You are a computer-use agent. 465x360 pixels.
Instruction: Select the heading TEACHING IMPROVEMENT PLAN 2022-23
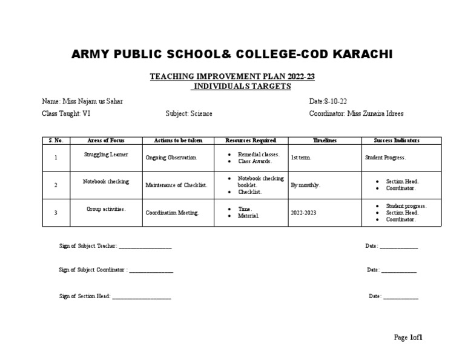(232, 76)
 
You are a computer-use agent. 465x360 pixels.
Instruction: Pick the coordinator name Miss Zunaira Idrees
(375, 113)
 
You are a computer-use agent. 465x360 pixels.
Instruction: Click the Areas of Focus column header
(106, 141)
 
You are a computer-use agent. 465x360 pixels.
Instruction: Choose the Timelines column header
(325, 141)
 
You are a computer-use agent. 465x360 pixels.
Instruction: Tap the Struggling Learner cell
(105, 155)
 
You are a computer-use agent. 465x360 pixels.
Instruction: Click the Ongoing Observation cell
(171, 158)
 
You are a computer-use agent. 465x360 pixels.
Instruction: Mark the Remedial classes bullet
(259, 155)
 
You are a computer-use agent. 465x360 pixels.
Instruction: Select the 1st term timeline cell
(302, 158)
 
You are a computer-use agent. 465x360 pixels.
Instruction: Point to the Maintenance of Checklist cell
(176, 185)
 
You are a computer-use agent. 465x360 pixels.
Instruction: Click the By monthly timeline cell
(306, 185)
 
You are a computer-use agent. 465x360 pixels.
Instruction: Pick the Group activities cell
(106, 209)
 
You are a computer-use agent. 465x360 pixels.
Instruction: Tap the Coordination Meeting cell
(172, 213)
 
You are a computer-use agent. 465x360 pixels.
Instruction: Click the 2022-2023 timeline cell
(303, 213)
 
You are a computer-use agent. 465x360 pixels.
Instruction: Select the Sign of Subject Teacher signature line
(145, 247)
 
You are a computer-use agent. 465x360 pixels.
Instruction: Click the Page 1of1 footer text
(408, 338)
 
